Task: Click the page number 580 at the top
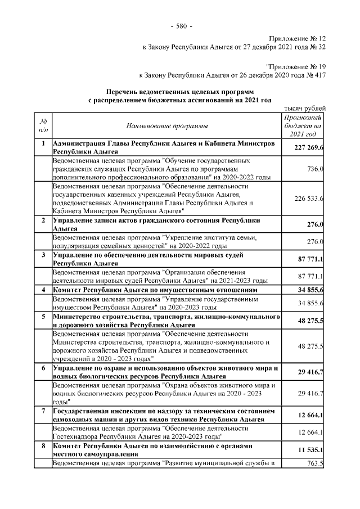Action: pos(181,26)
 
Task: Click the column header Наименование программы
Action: pos(167,125)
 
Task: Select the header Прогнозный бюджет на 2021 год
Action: pos(303,125)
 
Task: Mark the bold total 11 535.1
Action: pos(309,449)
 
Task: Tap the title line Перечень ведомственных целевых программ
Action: pos(180,90)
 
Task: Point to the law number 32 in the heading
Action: pos(322,47)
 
